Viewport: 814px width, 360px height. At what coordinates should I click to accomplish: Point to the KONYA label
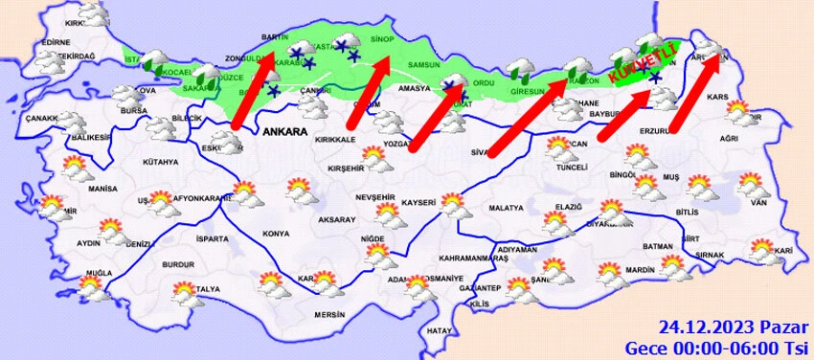coord(276,234)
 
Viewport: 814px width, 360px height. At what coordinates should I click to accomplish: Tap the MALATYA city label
coord(506,208)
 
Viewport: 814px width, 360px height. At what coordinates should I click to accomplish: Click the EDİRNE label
coord(57,42)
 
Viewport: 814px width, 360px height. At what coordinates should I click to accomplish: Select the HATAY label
coord(440,330)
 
